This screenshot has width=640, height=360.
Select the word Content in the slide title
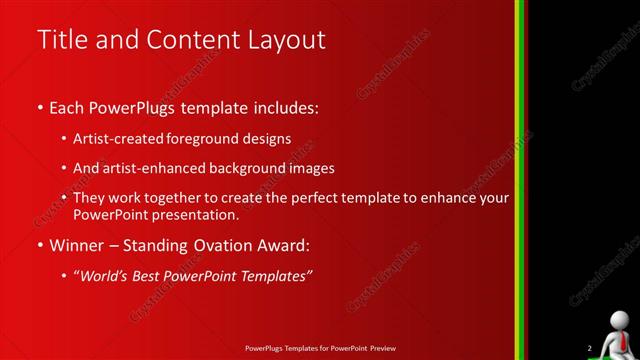pos(190,40)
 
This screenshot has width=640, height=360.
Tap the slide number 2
pos(589,348)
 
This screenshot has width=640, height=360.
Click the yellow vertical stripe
pos(522,180)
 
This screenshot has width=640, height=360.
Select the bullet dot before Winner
pos(40,245)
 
